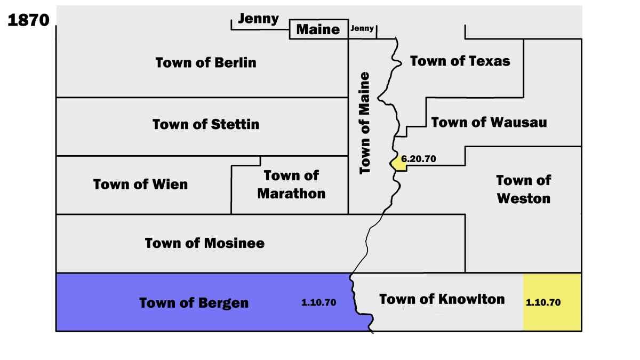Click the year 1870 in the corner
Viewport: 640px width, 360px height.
coord(28,20)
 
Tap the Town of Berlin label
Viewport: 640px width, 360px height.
coord(206,62)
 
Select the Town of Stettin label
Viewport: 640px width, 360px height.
coord(206,124)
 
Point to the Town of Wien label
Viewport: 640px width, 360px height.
coord(140,185)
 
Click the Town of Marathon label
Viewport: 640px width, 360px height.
coord(291,184)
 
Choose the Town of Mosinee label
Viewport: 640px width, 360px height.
coord(205,243)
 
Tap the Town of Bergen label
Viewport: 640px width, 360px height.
coord(194,303)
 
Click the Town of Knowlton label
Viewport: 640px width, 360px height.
coord(442,299)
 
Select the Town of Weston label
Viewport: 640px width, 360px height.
coord(523,189)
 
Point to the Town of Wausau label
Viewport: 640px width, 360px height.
coord(489,122)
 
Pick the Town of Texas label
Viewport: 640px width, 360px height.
coord(460,61)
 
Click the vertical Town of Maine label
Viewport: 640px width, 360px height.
coord(365,123)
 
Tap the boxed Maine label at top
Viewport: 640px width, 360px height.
coord(318,29)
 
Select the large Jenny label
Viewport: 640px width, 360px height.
coord(258,19)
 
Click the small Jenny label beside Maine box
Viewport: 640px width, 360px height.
coord(362,29)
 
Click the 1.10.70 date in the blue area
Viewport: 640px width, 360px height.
coord(318,302)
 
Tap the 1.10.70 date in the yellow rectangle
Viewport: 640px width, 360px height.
coord(543,302)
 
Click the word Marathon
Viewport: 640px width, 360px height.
coord(291,193)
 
